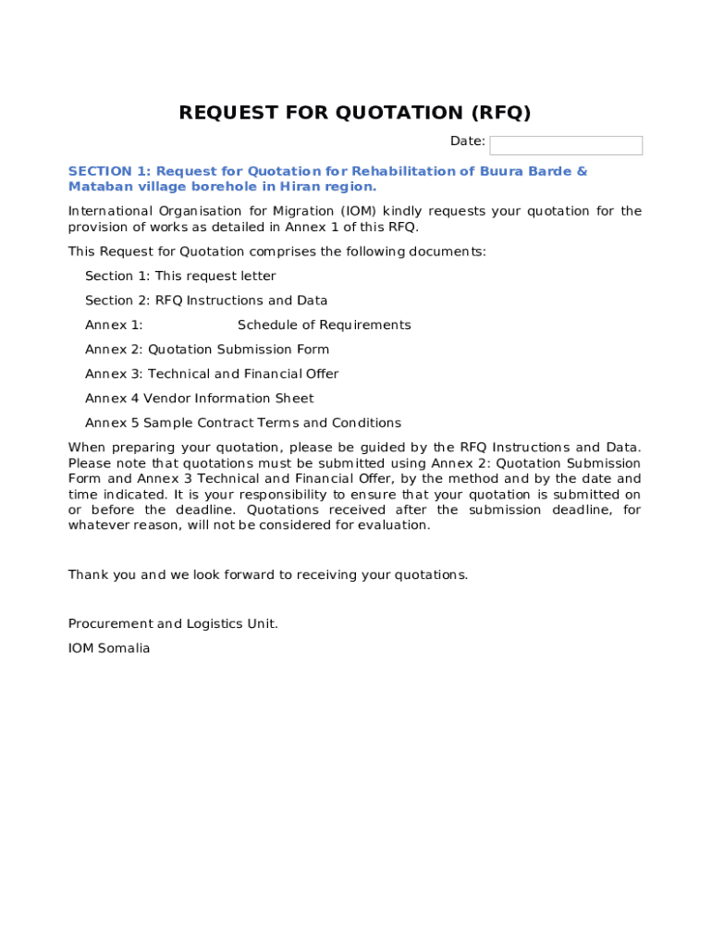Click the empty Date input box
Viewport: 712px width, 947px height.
pos(566,145)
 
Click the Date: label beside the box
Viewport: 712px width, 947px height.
pos(467,141)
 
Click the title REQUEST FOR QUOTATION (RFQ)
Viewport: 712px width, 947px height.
pos(355,113)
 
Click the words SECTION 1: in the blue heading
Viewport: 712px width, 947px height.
pos(109,171)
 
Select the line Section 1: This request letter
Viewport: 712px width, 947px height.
pos(180,277)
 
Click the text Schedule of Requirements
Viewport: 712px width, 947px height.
pos(324,326)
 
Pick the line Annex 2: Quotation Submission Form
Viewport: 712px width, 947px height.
pos(207,350)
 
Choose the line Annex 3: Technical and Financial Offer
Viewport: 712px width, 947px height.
pos(212,375)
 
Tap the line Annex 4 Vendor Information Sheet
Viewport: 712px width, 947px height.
pos(200,399)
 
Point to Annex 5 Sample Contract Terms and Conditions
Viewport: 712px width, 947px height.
pos(243,424)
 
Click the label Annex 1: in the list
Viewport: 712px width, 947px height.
pos(114,326)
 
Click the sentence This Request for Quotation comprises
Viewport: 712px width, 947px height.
pos(276,252)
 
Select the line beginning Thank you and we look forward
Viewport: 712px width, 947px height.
pos(268,575)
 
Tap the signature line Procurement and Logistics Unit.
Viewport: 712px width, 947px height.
pos(173,624)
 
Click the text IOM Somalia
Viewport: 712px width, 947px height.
pos(109,648)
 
